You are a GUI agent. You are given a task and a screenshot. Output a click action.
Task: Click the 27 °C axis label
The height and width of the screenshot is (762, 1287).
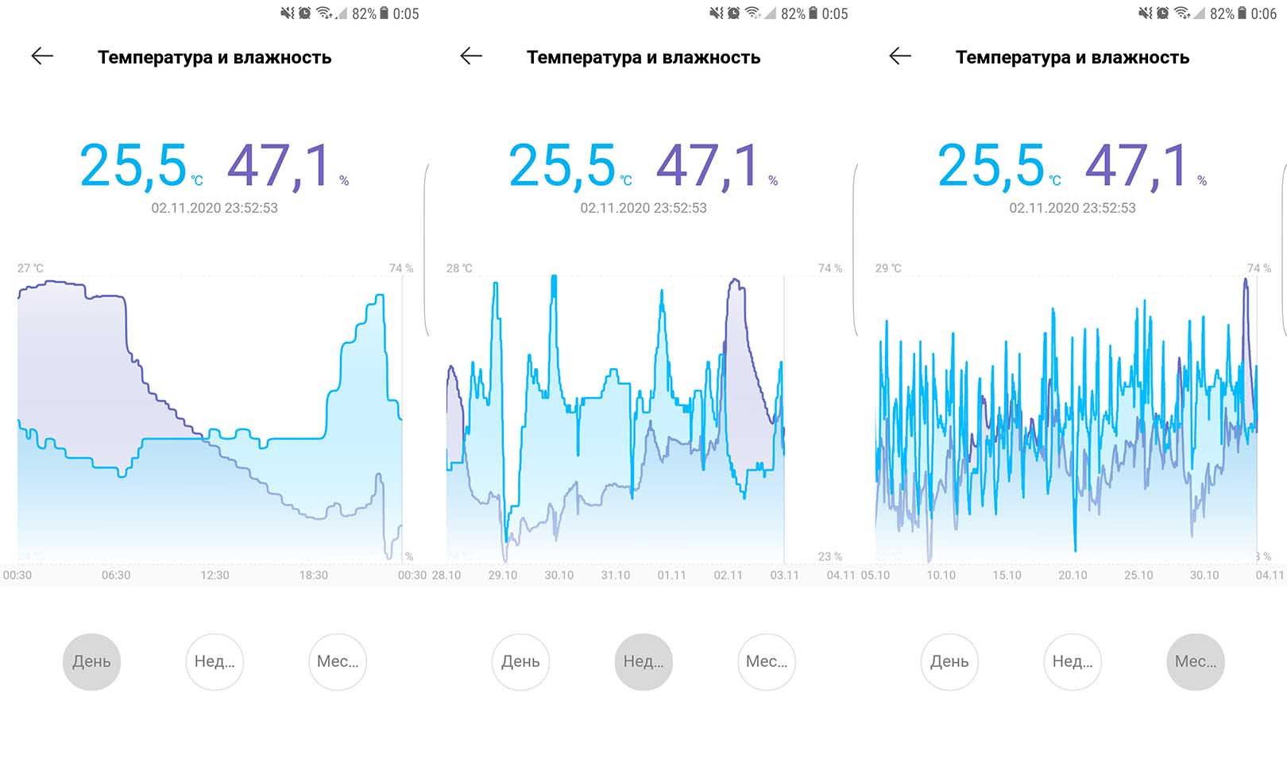(30, 268)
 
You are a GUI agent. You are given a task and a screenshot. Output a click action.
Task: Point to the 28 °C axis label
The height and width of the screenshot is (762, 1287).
(459, 268)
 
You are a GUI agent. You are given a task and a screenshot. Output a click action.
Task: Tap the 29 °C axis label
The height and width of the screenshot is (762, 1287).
(888, 268)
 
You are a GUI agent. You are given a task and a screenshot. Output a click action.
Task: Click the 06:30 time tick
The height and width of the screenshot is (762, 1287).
(116, 575)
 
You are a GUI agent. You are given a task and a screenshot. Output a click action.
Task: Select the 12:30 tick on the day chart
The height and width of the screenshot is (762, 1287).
(214, 575)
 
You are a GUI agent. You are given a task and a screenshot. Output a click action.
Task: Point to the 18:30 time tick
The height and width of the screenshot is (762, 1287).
(313, 575)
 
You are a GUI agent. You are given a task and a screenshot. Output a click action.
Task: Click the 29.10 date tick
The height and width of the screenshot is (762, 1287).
(502, 575)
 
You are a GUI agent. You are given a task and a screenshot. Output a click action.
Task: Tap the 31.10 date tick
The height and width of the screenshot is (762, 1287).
(615, 575)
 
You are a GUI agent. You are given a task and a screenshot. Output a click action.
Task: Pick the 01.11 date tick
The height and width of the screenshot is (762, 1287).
(671, 575)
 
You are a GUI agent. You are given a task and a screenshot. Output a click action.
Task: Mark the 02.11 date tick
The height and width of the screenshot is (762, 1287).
(728, 575)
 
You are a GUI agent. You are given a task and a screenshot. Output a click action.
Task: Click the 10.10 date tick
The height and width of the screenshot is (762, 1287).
(941, 575)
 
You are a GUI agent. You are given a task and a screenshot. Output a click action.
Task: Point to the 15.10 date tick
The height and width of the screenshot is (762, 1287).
(1007, 575)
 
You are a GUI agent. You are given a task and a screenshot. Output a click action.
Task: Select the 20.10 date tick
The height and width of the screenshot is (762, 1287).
(1072, 575)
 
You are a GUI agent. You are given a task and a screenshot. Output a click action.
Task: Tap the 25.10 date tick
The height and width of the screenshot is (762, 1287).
(1138, 575)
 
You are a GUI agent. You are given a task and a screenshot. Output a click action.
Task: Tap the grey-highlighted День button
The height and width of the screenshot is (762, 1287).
(91, 661)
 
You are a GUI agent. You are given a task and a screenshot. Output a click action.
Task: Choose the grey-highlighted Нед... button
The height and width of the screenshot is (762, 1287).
(643, 661)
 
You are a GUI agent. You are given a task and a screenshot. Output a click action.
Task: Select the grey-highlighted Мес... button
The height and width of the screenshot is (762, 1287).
(1195, 661)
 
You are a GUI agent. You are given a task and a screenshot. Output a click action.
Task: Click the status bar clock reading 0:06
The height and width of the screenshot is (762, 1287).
(1263, 13)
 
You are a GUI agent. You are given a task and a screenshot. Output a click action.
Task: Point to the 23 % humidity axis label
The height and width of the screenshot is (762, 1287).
(830, 556)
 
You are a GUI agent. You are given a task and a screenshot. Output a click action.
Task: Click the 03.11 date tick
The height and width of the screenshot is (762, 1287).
(784, 575)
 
